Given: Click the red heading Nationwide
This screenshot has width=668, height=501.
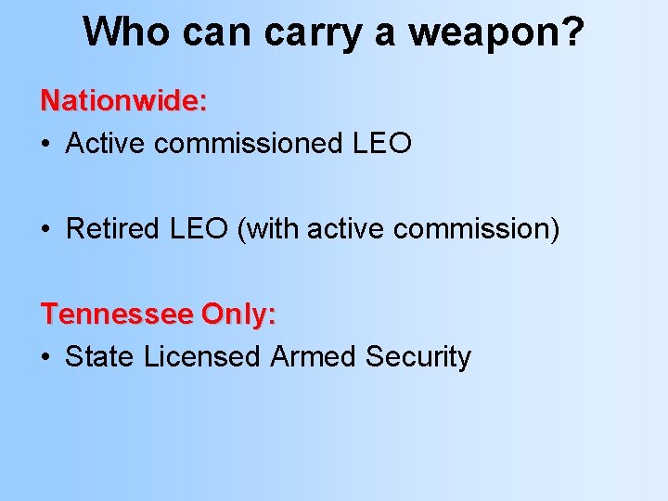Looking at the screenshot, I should tap(123, 100).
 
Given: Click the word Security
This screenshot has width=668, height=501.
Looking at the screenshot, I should tap(418, 356).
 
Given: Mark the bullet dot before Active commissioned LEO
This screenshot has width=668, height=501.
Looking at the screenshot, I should tap(46, 145).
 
